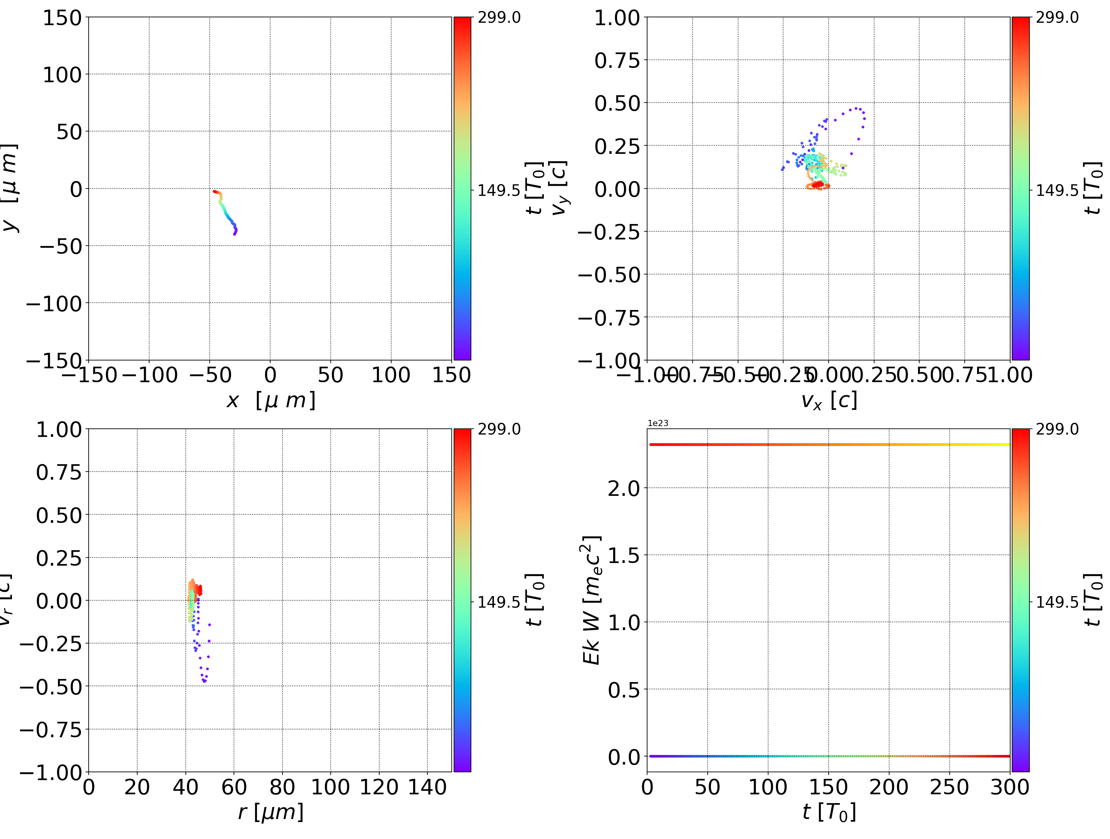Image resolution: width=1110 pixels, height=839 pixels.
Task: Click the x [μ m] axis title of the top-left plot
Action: coord(271,400)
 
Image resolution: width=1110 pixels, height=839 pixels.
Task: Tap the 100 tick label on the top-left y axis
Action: coord(62,75)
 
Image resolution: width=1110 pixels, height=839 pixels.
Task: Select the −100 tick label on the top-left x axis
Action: coord(150,375)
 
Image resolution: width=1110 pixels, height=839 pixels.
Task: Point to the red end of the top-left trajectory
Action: coord(215,191)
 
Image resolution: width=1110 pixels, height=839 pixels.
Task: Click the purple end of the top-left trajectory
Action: coord(234,234)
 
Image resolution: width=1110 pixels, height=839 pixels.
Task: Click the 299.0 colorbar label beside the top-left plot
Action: coord(499,18)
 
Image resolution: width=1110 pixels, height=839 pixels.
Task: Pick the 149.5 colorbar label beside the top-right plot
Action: coord(1057,190)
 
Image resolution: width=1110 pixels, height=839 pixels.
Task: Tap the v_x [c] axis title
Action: coord(829,400)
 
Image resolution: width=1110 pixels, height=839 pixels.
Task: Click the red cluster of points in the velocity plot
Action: coord(818,185)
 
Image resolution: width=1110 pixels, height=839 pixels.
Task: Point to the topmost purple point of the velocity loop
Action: coord(857,108)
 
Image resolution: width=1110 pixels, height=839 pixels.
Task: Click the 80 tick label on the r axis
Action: coord(282,787)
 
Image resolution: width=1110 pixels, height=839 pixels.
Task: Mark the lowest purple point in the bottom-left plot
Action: coord(204,681)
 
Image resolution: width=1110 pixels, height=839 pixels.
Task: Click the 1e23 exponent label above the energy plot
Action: coord(658,423)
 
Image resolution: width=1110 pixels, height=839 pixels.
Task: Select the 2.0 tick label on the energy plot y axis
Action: coord(624,488)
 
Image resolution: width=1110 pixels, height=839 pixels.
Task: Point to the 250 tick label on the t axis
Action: coord(949,787)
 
